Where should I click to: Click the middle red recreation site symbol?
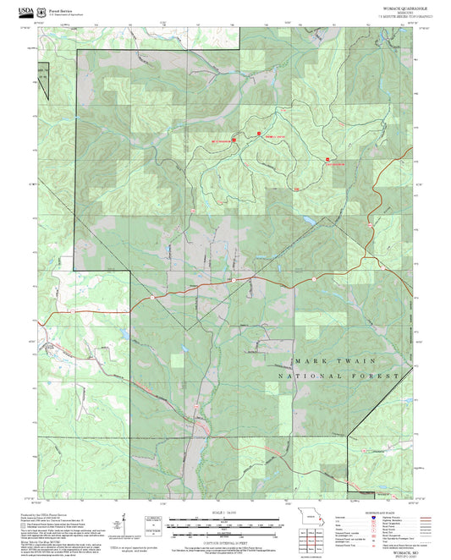[258, 133]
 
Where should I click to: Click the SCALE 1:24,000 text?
[224, 514]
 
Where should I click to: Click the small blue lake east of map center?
[306, 222]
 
